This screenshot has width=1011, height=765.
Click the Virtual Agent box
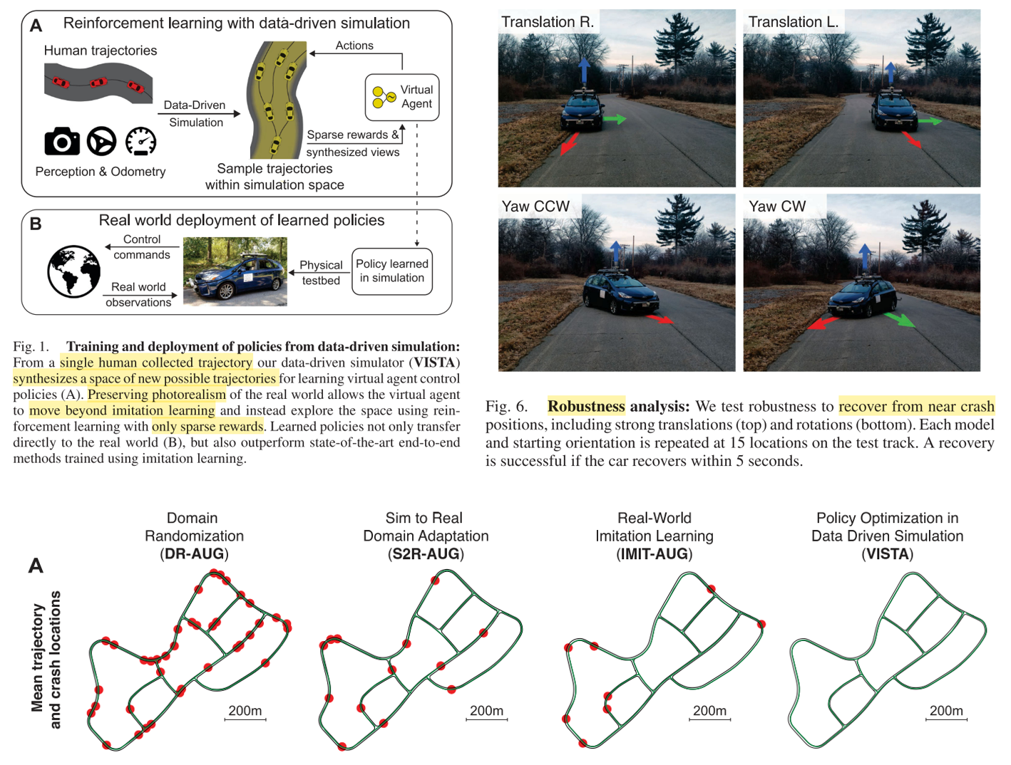[401, 98]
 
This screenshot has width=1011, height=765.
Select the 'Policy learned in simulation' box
[392, 271]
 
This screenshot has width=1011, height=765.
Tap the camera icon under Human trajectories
[62, 141]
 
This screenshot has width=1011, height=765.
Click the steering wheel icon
[101, 141]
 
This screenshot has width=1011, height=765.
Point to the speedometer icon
[140, 141]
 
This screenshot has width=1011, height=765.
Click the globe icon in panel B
[73, 271]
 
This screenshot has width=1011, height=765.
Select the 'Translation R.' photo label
[548, 22]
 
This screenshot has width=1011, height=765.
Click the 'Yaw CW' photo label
[777, 207]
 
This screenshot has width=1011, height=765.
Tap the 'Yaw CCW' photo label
[535, 207]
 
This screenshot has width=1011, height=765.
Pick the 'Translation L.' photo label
[793, 22]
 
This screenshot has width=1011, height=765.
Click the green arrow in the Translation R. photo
[614, 120]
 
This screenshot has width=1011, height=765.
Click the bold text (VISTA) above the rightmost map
[887, 554]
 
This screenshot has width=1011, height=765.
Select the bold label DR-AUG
[194, 554]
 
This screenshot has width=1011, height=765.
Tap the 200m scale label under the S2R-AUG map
[486, 711]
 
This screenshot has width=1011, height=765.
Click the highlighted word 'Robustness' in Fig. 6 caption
[586, 406]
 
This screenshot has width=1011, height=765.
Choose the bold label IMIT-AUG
[654, 554]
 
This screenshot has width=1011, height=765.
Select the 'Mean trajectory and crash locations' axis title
[46, 659]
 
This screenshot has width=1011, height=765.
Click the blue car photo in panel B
[235, 271]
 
